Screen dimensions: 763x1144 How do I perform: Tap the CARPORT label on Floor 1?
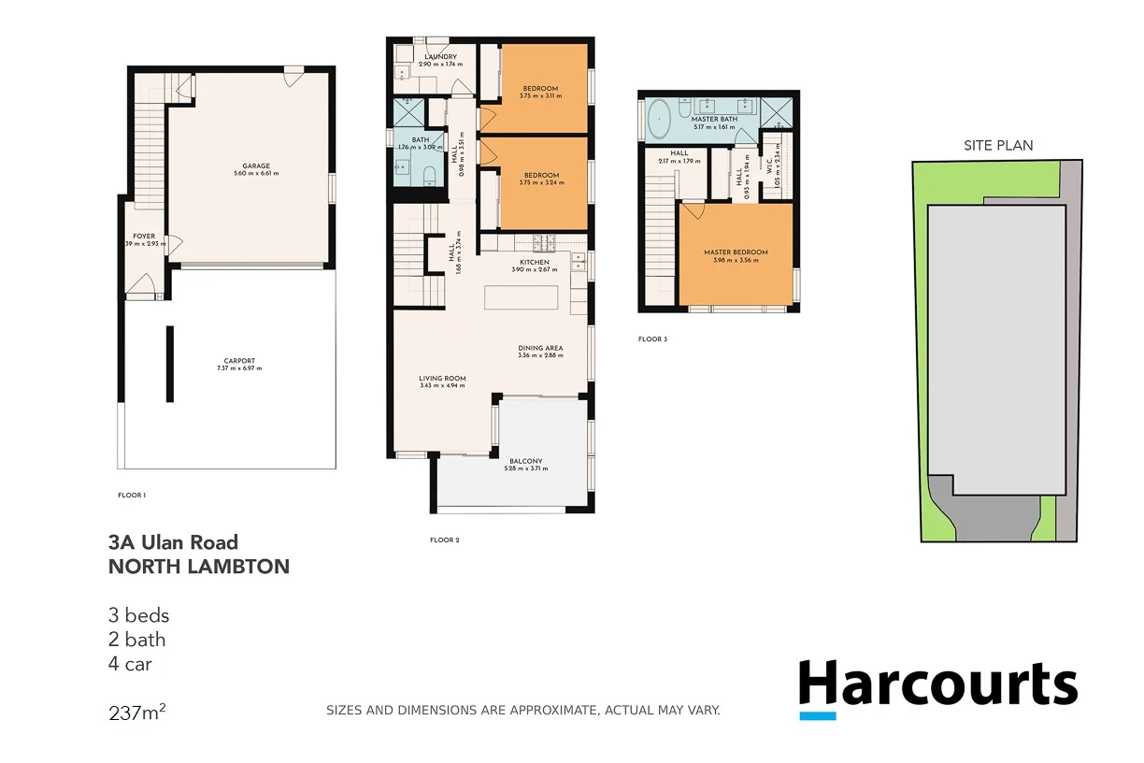239,361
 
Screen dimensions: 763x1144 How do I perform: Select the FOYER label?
144,237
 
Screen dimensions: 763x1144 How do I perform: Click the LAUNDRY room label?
440,57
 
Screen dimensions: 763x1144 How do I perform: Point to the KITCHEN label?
534,263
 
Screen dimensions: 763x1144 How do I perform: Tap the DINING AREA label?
541,349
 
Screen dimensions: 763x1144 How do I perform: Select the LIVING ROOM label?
442,379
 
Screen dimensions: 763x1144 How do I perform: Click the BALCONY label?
525,461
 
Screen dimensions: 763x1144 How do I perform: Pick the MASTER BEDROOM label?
736,252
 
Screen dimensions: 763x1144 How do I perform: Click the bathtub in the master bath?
660,120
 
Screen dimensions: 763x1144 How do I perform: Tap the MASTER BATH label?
714,120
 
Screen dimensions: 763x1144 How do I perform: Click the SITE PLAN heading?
998,145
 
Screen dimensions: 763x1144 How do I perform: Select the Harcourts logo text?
937,684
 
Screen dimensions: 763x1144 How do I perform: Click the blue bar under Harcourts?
817,716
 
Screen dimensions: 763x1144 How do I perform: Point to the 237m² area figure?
137,713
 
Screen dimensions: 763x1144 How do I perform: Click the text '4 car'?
130,665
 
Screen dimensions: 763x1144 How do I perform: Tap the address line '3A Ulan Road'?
173,542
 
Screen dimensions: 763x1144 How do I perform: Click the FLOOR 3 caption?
652,339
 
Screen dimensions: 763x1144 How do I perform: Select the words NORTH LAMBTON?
199,567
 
